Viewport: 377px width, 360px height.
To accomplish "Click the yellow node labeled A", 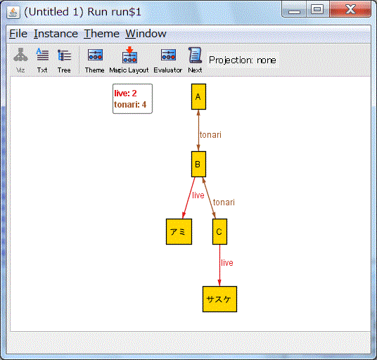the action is tap(198, 96).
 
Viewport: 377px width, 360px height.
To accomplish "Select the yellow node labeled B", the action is tap(198, 164).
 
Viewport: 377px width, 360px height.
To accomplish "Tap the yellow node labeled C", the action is tap(219, 231).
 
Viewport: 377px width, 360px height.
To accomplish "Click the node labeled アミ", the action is tap(179, 231).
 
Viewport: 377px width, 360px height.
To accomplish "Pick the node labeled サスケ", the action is tap(219, 300).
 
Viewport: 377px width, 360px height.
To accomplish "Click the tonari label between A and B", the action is tap(210, 135).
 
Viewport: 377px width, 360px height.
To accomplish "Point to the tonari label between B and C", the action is tap(224, 202).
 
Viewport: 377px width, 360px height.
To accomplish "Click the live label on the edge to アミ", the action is tap(198, 195).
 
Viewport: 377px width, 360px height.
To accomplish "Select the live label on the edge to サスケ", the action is tap(227, 263).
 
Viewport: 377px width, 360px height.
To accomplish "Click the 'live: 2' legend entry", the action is tap(125, 94).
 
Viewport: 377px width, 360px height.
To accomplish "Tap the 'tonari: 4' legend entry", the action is tap(130, 105).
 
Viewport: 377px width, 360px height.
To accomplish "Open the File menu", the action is tap(18, 34).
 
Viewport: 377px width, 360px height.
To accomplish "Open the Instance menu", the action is tap(56, 34).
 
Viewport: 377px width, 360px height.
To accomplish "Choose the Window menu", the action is tap(146, 34).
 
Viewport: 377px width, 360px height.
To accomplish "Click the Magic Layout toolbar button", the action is tap(129, 60).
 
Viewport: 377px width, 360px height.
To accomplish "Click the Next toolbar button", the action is tap(195, 60).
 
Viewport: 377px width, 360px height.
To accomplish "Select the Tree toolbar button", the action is tap(64, 60).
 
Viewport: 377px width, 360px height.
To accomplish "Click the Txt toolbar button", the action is tap(42, 60).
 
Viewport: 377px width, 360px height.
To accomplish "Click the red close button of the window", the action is tap(350, 10).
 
